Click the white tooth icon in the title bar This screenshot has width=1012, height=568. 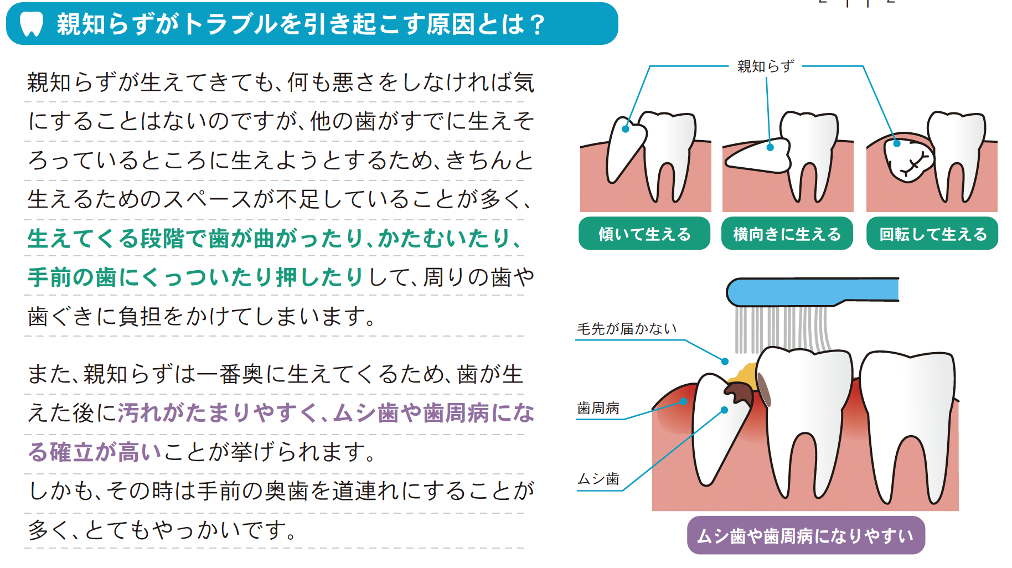pyautogui.click(x=31, y=24)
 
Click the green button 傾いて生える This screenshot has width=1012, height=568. pyautogui.click(x=644, y=234)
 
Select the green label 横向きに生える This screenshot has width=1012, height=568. pyautogui.click(x=787, y=234)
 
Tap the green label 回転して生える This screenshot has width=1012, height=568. pyautogui.click(x=932, y=234)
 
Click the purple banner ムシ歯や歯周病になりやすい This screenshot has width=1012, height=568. pyautogui.click(x=806, y=535)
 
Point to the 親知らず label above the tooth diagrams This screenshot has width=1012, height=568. pyautogui.click(x=766, y=66)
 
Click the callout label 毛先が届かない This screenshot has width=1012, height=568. pyautogui.click(x=627, y=329)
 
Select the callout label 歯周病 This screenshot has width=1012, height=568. pyautogui.click(x=598, y=409)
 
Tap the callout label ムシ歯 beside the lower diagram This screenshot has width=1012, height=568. pyautogui.click(x=598, y=479)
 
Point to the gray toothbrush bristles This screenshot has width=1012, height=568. pyautogui.click(x=782, y=329)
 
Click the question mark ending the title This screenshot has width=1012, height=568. pyautogui.click(x=536, y=25)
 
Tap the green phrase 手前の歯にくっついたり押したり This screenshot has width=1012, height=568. pyautogui.click(x=195, y=277)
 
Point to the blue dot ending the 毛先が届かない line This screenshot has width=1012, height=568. pyautogui.click(x=725, y=361)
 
